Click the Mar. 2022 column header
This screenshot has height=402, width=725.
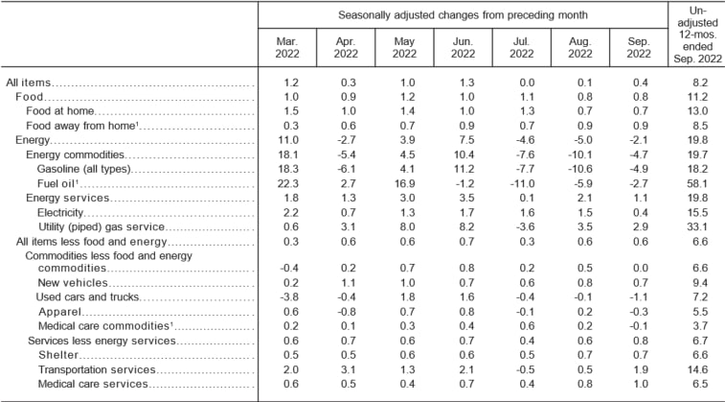[x=287, y=49]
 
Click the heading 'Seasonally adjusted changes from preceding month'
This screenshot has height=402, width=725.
[x=463, y=15]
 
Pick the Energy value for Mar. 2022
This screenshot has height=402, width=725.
[x=288, y=140]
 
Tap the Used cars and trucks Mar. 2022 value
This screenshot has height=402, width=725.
[x=288, y=298]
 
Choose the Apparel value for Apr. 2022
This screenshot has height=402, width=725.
[x=346, y=313]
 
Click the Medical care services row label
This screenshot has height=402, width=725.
[x=93, y=384]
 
